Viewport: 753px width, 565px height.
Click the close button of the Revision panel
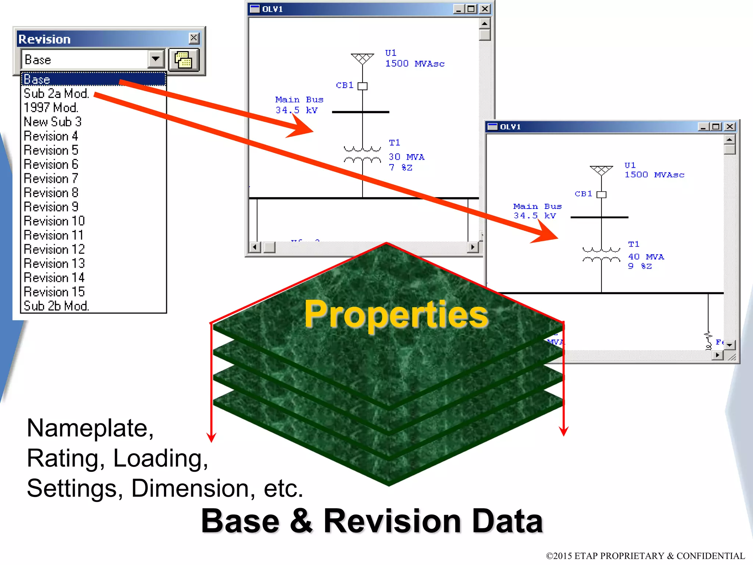point(194,38)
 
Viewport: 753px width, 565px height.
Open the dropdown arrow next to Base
point(156,59)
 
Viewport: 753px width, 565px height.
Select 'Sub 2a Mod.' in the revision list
point(56,93)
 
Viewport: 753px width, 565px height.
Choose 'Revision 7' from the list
point(51,178)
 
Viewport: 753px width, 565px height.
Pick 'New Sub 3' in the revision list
point(53,122)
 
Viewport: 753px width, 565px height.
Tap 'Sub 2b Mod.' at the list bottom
point(56,306)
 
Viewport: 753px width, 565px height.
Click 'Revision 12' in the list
point(54,249)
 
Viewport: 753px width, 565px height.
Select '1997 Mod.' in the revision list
point(51,108)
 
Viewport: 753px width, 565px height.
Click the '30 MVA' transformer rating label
point(406,157)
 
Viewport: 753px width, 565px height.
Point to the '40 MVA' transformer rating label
point(646,257)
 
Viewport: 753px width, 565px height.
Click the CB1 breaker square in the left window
point(363,86)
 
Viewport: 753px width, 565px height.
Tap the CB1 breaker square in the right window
point(601,195)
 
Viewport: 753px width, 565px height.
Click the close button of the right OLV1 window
point(730,127)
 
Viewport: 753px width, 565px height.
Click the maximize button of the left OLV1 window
point(471,9)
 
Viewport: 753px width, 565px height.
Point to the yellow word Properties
point(396,314)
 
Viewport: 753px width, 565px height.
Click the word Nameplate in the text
point(87,428)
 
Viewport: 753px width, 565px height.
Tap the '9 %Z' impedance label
point(640,266)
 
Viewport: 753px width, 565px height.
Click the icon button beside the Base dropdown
point(183,60)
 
